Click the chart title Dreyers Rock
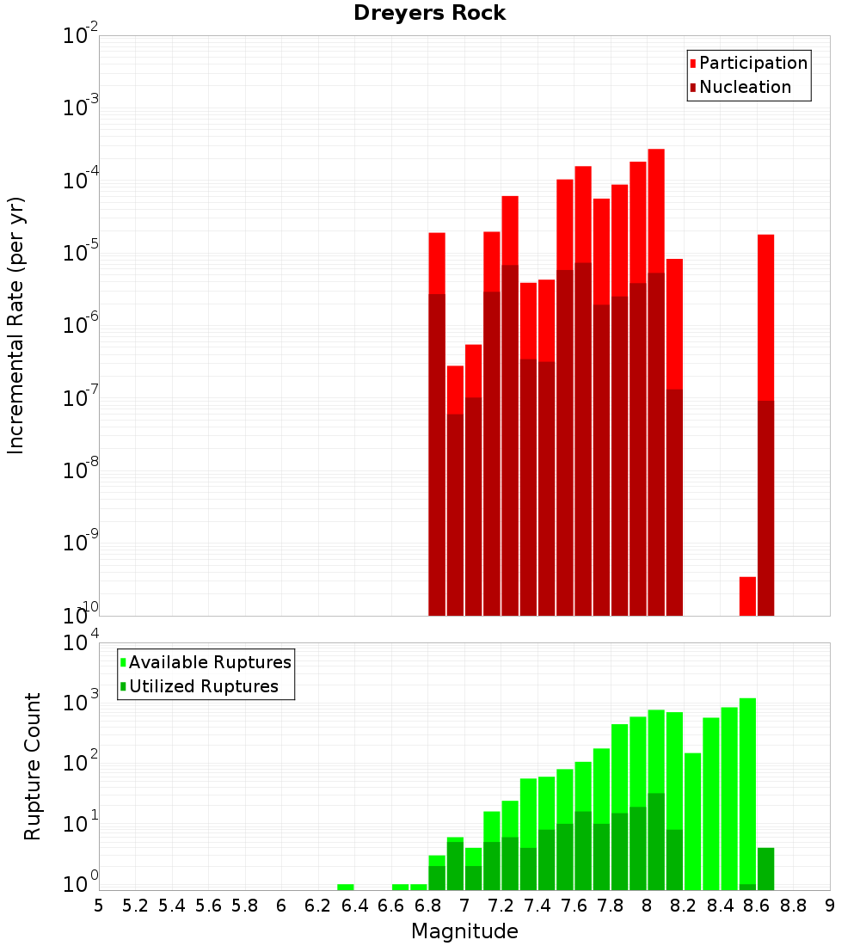(429, 13)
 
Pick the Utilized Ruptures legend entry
(203, 686)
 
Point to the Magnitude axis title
(464, 931)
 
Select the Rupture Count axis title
(33, 765)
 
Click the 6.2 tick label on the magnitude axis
(317, 906)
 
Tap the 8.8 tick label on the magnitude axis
(793, 906)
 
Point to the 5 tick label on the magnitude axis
(99, 906)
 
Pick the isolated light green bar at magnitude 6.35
(346, 887)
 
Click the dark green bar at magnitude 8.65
(766, 869)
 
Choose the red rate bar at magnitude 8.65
(766, 318)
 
